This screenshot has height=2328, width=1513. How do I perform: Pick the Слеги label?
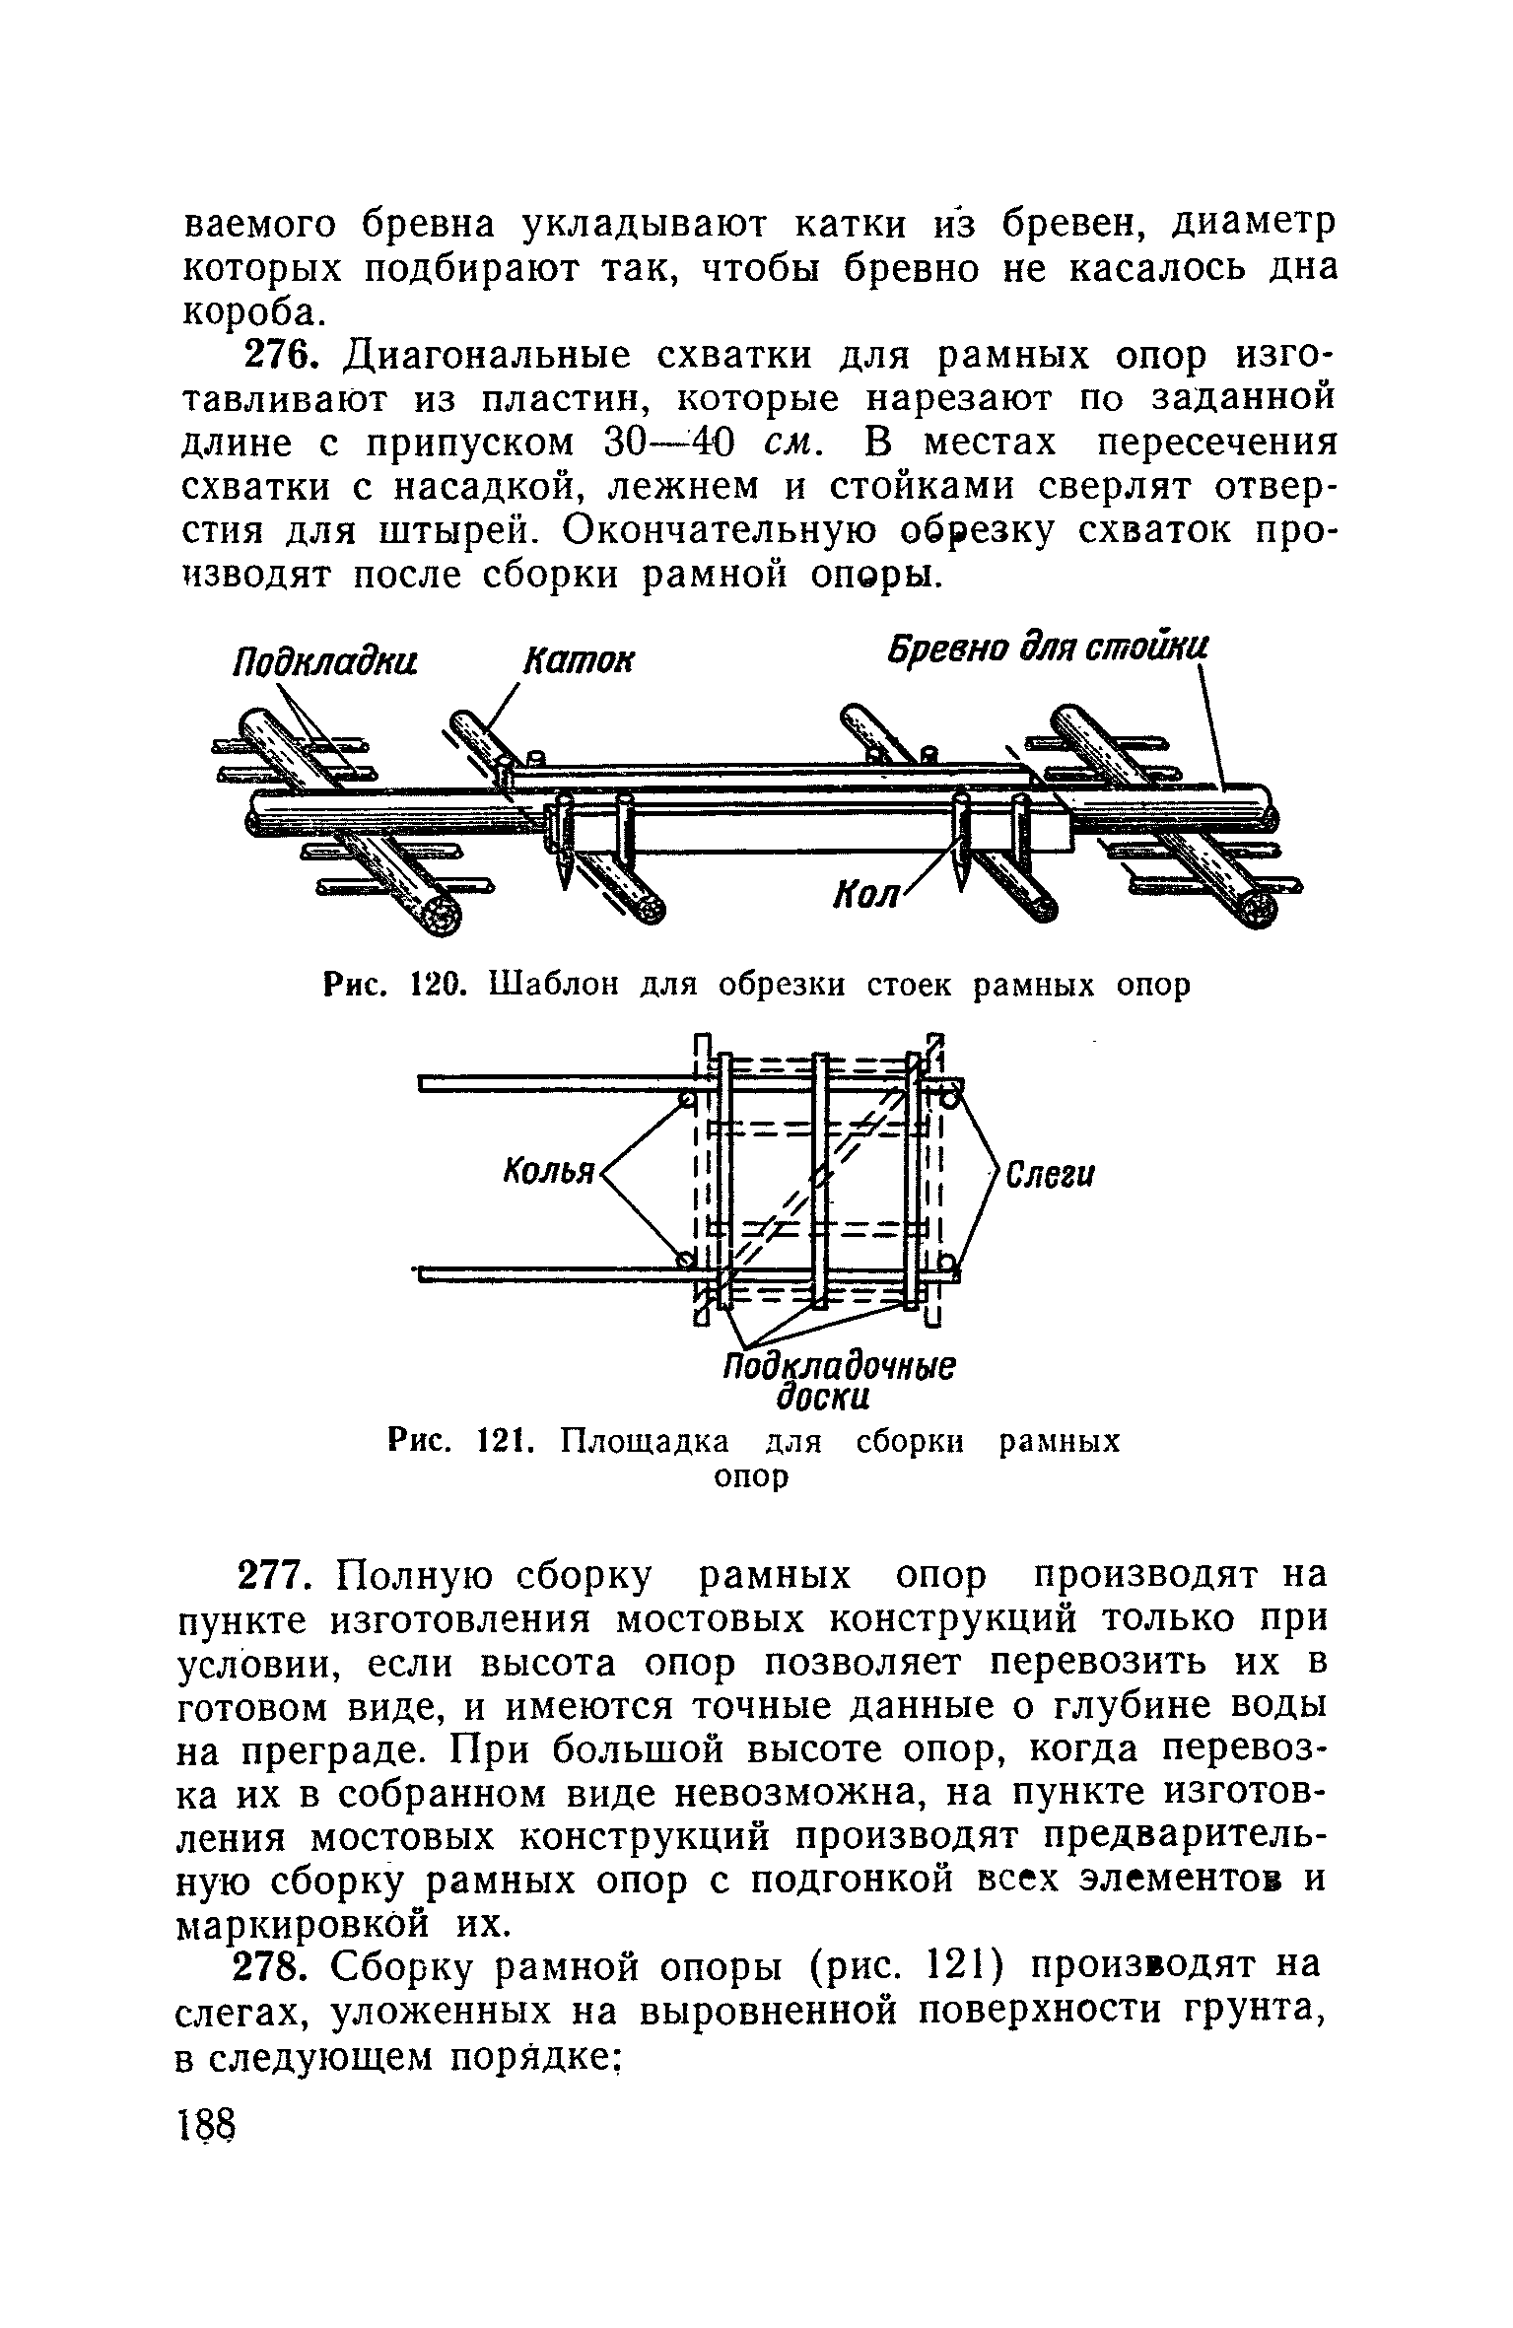pyautogui.click(x=1050, y=1175)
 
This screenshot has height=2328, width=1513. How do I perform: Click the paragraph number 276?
pyautogui.click(x=280, y=355)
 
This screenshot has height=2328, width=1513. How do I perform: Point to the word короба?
pyautogui.click(x=251, y=313)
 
